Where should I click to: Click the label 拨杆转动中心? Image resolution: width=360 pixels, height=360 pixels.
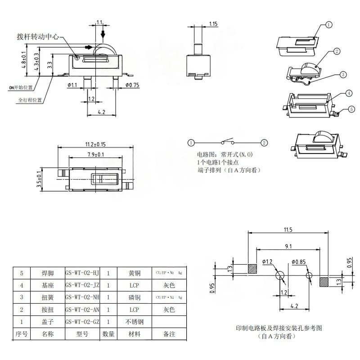pyautogui.click(x=37, y=37)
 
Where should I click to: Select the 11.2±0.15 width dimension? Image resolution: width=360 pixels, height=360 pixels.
pyautogui.click(x=95, y=144)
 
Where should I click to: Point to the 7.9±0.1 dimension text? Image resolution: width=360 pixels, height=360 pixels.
pyautogui.click(x=95, y=155)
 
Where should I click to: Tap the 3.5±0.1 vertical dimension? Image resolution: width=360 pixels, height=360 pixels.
pyautogui.click(x=39, y=179)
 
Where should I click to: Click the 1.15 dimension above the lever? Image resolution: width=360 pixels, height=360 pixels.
pyautogui.click(x=214, y=23)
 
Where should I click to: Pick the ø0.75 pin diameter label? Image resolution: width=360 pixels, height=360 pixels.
pyautogui.click(x=132, y=85)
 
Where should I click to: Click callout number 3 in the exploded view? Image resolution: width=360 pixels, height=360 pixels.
pyautogui.click(x=342, y=74)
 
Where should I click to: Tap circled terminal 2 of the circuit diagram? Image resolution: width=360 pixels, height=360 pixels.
pyautogui.click(x=264, y=143)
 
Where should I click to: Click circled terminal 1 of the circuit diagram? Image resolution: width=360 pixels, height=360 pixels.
pyautogui.click(x=191, y=143)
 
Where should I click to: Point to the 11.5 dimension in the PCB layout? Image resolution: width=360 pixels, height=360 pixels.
pyautogui.click(x=288, y=230)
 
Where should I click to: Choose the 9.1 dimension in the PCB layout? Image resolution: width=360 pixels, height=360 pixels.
pyautogui.click(x=288, y=246)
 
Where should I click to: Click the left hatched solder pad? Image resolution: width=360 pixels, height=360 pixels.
pyautogui.click(x=252, y=269)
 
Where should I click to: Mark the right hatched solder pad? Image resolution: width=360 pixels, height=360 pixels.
pyautogui.click(x=324, y=282)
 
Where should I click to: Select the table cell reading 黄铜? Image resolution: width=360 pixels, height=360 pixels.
pyautogui.click(x=135, y=273)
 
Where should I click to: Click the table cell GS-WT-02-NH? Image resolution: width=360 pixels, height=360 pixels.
pyautogui.click(x=82, y=297)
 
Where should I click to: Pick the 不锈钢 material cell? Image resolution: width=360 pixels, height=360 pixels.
pyautogui.click(x=135, y=322)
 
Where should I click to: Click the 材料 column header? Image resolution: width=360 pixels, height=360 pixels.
pyautogui.click(x=135, y=334)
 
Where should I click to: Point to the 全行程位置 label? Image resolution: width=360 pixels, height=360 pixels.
pyautogui.click(x=30, y=100)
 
